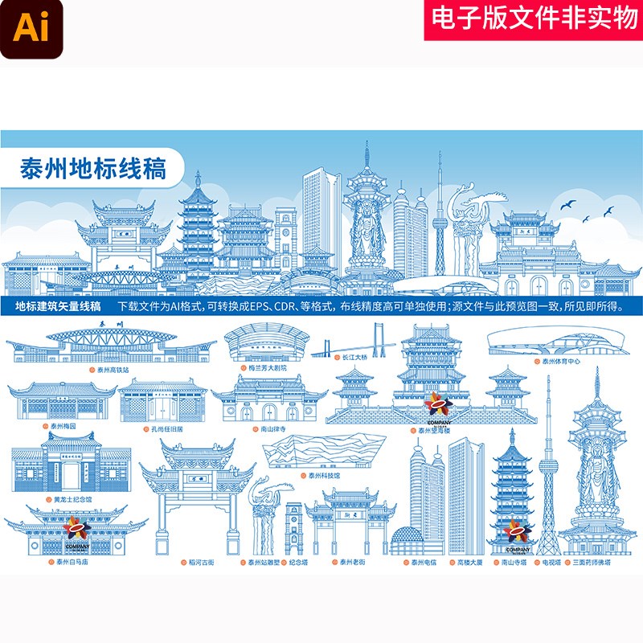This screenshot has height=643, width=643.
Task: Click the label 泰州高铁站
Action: pyautogui.click(x=112, y=371)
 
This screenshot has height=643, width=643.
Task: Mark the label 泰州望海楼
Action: pyautogui.click(x=437, y=430)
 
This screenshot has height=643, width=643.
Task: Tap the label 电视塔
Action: pyautogui.click(x=551, y=563)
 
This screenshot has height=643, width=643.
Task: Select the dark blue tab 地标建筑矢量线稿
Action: pyautogui.click(x=58, y=305)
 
